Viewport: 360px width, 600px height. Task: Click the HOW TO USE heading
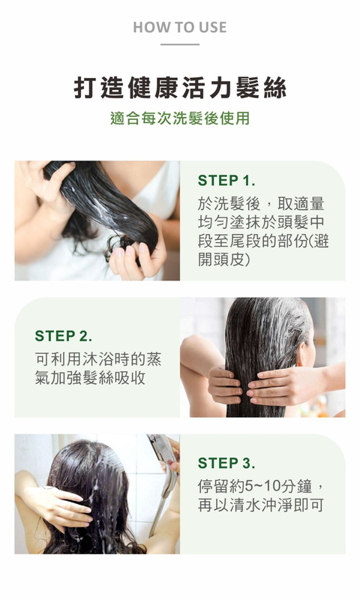pos(180,27)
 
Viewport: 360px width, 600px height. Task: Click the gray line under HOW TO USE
pos(180,44)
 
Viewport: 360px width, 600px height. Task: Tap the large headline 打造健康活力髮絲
pos(180,88)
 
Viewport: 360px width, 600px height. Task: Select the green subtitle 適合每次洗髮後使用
pos(180,118)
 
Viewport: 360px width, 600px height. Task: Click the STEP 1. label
pos(226,180)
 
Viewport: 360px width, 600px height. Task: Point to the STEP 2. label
pos(64,336)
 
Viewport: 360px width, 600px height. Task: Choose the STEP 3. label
pos(226,463)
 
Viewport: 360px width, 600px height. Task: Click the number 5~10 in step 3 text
pos(262,486)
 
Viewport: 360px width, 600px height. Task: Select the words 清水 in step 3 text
pos(245,505)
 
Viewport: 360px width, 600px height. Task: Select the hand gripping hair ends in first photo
pos(138,253)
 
